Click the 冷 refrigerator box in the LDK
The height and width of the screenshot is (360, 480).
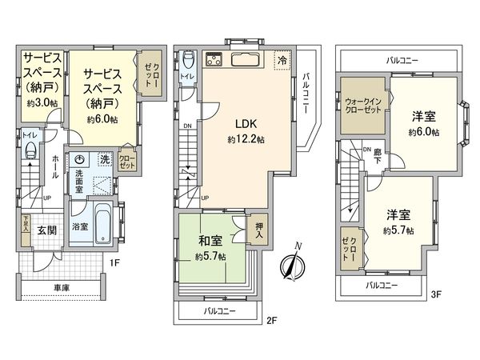[x=282, y=59]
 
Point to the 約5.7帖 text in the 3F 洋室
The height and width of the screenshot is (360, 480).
[x=397, y=230]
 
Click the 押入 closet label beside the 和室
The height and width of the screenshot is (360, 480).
[x=258, y=228]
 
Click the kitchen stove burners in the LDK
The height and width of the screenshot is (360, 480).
[x=215, y=59]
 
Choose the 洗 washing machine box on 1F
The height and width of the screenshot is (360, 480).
[x=106, y=159]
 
